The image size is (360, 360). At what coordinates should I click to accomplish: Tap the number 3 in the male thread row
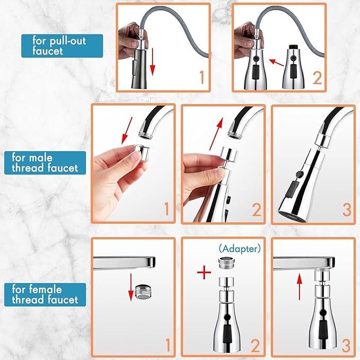pyautogui.click(x=345, y=209)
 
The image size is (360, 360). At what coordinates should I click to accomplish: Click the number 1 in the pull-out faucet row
pyautogui.click(x=201, y=78)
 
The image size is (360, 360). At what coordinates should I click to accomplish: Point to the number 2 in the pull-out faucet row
pyautogui.click(x=317, y=78)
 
